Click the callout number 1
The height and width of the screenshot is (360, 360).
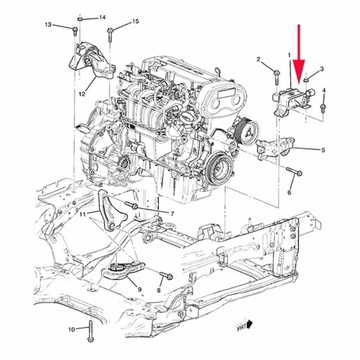291,58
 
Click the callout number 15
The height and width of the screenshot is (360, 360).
137,22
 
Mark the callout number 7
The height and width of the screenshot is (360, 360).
173,214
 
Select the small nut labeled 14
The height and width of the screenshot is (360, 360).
79,17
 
